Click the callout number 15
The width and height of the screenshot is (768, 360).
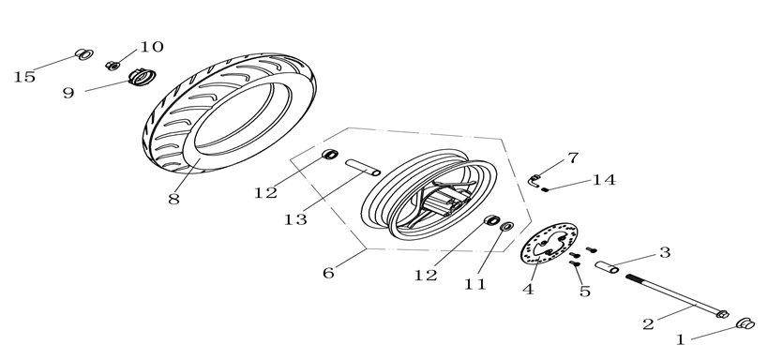click(x=24, y=77)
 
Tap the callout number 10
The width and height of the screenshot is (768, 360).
click(x=152, y=47)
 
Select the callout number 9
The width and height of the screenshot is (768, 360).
click(x=68, y=93)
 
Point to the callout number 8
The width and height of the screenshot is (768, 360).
click(x=173, y=200)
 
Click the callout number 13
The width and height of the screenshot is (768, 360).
click(x=295, y=219)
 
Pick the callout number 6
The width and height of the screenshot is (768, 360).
click(x=328, y=273)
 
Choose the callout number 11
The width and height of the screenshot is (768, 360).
click(x=475, y=284)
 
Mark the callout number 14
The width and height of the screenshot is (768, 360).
click(x=604, y=180)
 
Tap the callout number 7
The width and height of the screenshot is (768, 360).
click(x=573, y=157)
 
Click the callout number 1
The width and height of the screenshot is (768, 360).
click(x=681, y=339)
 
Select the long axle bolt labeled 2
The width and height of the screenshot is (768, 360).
click(x=677, y=296)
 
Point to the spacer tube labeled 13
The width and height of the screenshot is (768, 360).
click(x=363, y=167)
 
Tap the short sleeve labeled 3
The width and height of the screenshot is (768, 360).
click(x=607, y=267)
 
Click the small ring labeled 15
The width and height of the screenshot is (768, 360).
click(x=84, y=54)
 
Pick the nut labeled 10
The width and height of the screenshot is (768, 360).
click(x=113, y=65)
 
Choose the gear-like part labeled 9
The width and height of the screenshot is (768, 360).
click(x=142, y=77)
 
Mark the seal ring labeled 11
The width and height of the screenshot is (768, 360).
click(x=507, y=226)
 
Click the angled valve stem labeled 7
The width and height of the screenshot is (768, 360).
click(x=535, y=181)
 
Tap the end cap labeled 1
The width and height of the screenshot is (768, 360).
click(x=745, y=323)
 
